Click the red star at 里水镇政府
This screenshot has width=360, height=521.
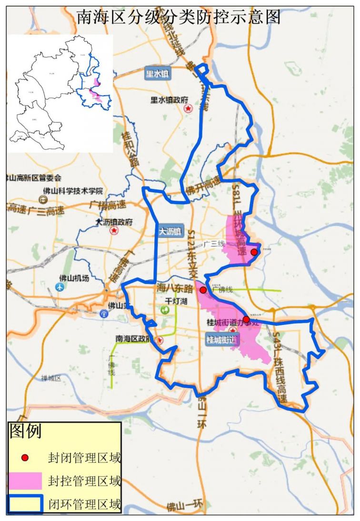(188, 108)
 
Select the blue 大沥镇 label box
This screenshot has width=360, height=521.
(170, 232)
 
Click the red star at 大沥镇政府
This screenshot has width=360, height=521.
(114, 231)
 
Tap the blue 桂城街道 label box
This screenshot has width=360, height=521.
(222, 340)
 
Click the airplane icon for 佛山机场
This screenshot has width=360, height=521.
(60, 287)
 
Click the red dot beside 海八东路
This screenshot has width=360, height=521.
(203, 290)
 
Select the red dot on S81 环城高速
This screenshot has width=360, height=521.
(254, 252)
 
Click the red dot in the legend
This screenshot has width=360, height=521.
(26, 457)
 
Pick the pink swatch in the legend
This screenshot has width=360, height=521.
(26, 481)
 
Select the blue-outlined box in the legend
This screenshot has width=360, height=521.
(26, 503)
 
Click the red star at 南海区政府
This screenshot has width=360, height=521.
(160, 340)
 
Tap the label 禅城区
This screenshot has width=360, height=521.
(51, 378)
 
